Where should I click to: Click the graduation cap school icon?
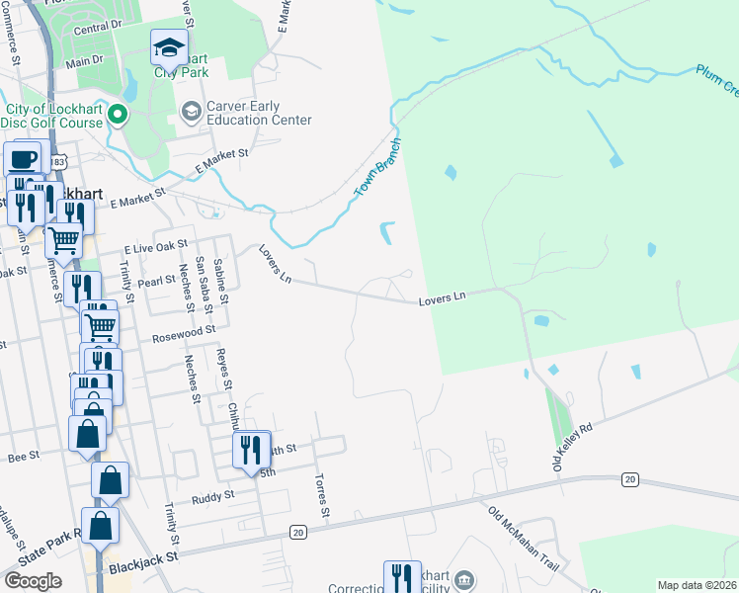tap(170, 46)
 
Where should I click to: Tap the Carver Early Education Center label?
tap(258, 113)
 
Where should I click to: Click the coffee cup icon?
tap(23, 158)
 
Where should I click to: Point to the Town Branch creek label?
tap(377, 165)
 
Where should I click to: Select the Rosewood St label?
tap(183, 337)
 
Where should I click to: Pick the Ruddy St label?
tap(213, 496)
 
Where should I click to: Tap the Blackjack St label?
tap(142, 556)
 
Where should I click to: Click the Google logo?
tap(33, 581)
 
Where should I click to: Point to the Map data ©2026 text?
tap(697, 585)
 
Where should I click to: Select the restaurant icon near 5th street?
tap(250, 450)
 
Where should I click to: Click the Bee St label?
tap(22, 457)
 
